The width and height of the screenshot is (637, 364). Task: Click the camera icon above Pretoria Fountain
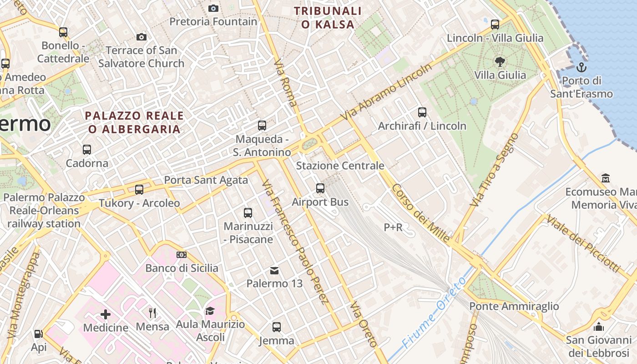coord(213,8)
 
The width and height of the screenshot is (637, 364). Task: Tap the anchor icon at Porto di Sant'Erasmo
coord(581,68)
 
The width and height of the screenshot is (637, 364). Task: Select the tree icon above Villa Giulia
coord(500,62)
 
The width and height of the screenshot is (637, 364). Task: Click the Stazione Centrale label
coord(340,166)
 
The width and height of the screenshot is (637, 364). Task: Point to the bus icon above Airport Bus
coord(320,188)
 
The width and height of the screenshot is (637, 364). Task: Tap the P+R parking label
coord(393,227)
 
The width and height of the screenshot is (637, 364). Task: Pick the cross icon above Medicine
coord(106,314)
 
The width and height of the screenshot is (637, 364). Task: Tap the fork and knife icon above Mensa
coord(152,313)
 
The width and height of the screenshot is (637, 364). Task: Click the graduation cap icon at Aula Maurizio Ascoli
coord(210,311)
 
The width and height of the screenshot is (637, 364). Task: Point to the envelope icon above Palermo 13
coord(274,271)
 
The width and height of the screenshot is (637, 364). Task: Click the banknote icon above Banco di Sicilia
coord(182,255)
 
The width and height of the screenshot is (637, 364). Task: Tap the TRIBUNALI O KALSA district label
coord(328,17)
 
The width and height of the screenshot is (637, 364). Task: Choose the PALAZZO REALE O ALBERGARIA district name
coord(135,122)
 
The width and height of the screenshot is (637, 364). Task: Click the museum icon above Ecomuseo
coord(606,178)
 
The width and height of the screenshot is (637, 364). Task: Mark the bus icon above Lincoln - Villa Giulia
coord(495,24)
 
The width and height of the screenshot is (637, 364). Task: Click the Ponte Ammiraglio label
coord(514,306)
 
